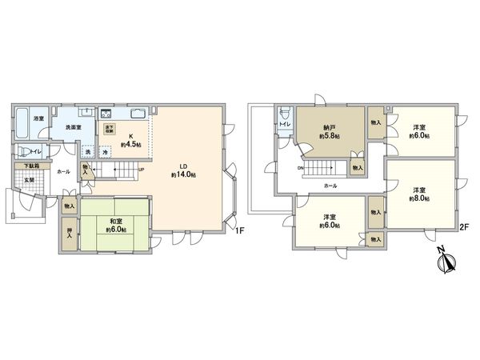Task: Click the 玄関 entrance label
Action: tap(28, 180)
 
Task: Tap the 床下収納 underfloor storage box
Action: tap(109, 128)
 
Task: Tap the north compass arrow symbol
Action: tap(445, 262)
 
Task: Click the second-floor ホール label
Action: tap(330, 186)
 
